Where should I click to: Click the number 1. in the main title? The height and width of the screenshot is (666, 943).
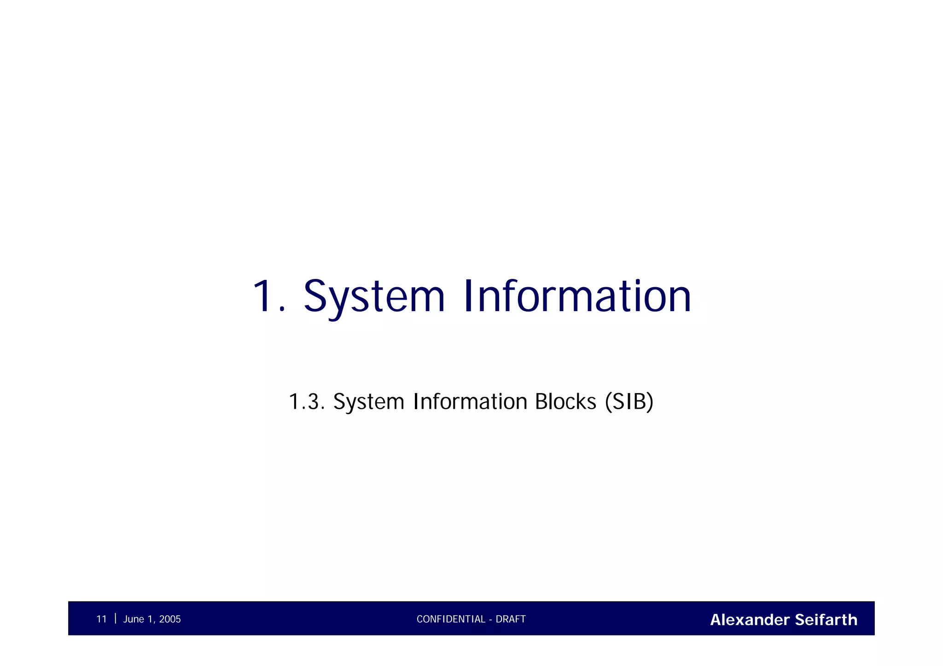[x=268, y=297]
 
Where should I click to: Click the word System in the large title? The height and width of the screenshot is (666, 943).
[x=374, y=297]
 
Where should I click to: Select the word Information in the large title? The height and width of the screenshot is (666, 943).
[x=577, y=297]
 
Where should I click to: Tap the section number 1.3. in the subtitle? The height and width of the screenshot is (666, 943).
[x=307, y=402]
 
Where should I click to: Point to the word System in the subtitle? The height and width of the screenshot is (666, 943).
[x=369, y=402]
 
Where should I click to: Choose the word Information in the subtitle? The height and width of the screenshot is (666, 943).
[x=470, y=402]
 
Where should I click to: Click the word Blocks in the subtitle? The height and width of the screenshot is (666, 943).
[x=565, y=402]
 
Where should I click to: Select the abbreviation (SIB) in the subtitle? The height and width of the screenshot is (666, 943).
[x=629, y=402]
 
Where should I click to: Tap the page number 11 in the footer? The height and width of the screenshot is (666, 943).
[x=101, y=620]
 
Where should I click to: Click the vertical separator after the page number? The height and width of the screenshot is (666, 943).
[x=115, y=618]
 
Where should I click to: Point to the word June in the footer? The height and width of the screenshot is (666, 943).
[x=134, y=620]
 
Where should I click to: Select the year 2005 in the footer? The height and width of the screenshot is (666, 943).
[x=170, y=620]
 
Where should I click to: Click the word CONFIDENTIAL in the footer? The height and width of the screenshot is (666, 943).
[x=451, y=620]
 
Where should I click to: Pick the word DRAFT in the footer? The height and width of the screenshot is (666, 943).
[x=511, y=620]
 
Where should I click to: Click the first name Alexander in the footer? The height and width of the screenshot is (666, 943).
[x=750, y=620]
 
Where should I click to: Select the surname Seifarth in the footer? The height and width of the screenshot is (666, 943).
[x=826, y=620]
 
